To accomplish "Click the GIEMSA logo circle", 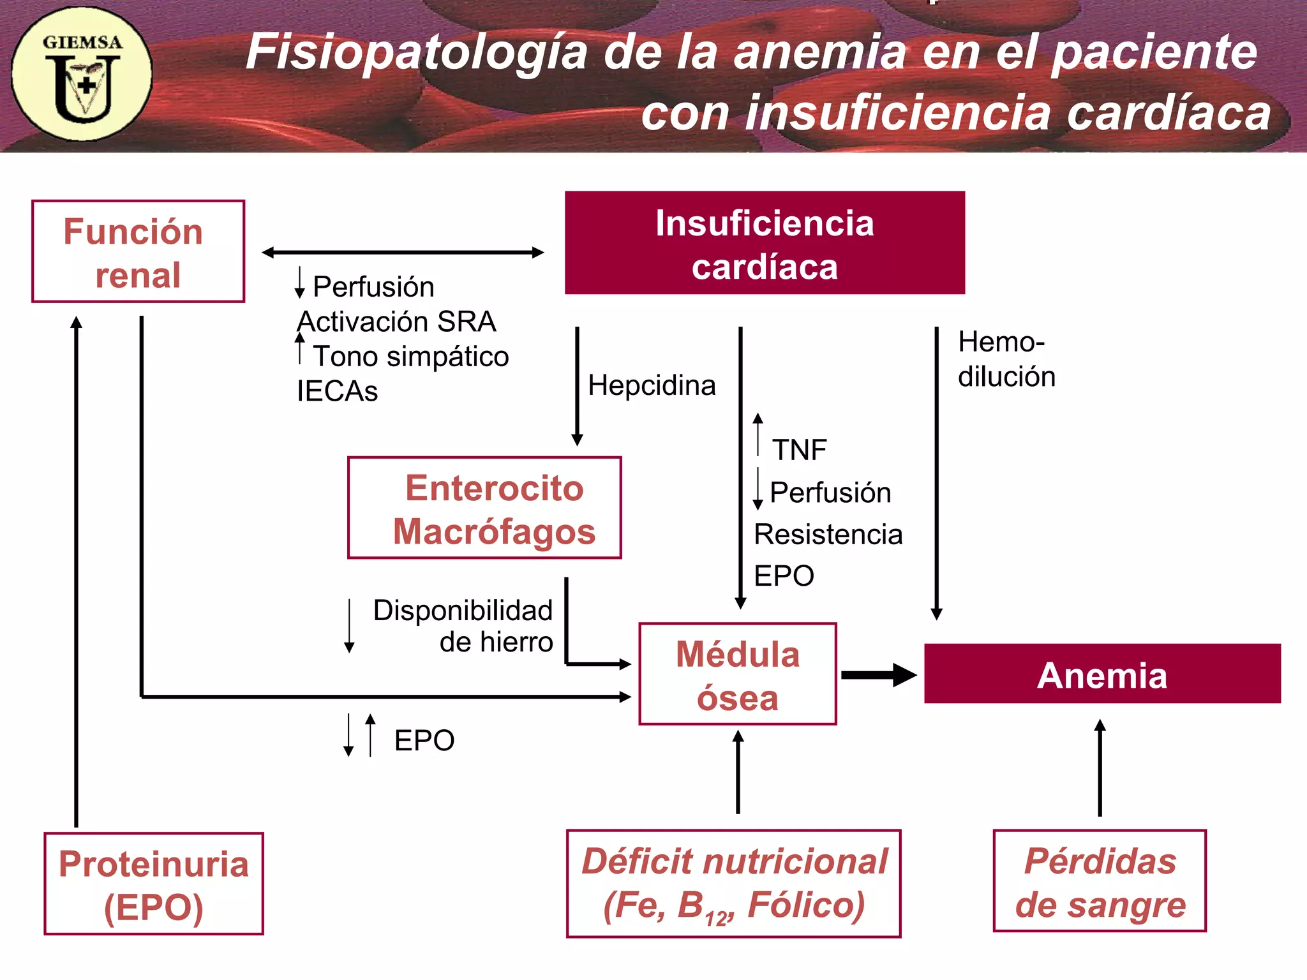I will pyautogui.click(x=82, y=74).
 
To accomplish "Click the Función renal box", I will pyautogui.click(x=138, y=251).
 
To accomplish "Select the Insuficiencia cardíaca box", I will pyautogui.click(x=765, y=243).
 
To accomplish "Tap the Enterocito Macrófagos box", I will pyautogui.click(x=484, y=508).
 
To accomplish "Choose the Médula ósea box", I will pyautogui.click(x=738, y=674).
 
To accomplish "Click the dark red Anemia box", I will pyautogui.click(x=1102, y=674).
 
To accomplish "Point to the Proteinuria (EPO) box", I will pyautogui.click(x=154, y=884).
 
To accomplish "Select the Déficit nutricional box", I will pyautogui.click(x=734, y=884).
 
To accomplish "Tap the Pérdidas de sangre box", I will pyautogui.click(x=1100, y=881).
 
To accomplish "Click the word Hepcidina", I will pyautogui.click(x=652, y=385).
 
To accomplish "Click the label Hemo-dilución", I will pyautogui.click(x=1006, y=359).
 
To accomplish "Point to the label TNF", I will pyautogui.click(x=799, y=450).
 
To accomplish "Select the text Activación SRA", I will pyautogui.click(x=396, y=322).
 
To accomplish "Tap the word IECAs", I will pyautogui.click(x=337, y=391).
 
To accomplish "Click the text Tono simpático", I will pyautogui.click(x=411, y=356).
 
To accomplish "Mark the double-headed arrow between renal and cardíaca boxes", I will pyautogui.click(x=403, y=253).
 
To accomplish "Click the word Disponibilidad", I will pyautogui.click(x=463, y=611).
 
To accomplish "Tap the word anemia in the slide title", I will pyautogui.click(x=819, y=52).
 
